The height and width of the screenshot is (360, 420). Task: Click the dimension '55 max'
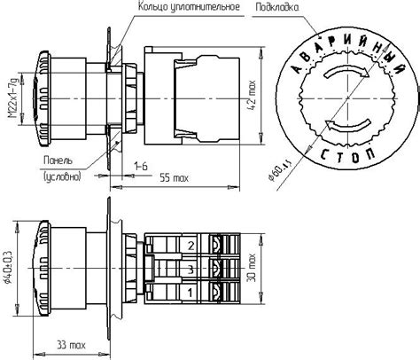(175, 179)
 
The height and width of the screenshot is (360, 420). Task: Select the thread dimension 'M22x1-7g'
(12, 104)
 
